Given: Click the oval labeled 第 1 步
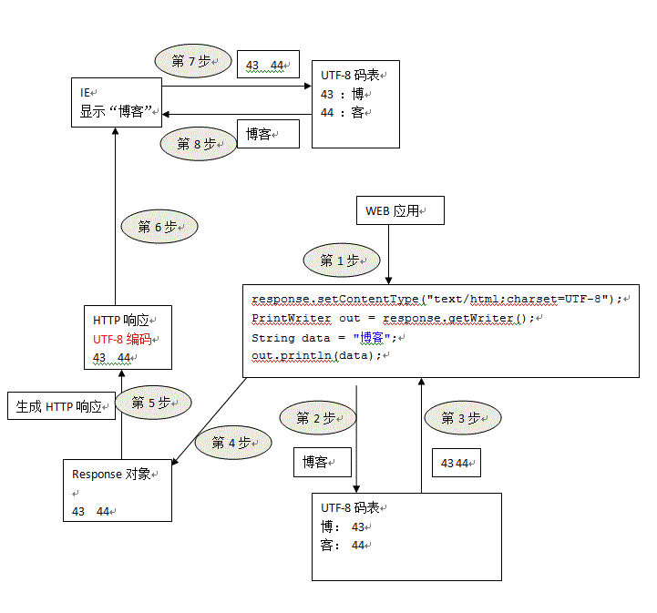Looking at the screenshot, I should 340,261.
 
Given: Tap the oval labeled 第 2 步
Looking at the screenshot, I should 316,419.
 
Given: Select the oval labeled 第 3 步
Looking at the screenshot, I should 463,418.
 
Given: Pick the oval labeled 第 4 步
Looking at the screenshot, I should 233,443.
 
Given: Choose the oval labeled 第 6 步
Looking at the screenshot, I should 159,228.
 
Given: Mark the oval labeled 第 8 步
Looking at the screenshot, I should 199,144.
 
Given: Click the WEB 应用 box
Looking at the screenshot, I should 400,210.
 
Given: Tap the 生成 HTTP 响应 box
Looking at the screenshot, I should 61,407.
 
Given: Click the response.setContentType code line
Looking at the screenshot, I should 437,299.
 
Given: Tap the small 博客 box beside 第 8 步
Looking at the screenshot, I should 268,134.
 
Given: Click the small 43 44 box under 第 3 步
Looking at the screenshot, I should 457,463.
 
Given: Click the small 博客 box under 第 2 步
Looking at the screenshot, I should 323,463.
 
